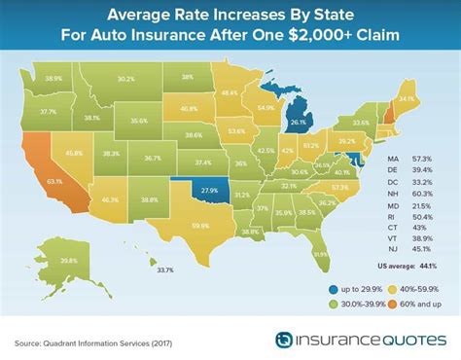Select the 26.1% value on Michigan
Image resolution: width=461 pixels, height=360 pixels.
[298, 124]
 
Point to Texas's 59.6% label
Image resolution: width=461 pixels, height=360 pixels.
[201, 227]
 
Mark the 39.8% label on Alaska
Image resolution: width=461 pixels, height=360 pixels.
[68, 260]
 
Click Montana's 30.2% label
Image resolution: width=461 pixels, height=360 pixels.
[125, 79]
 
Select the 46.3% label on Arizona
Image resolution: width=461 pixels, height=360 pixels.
[109, 199]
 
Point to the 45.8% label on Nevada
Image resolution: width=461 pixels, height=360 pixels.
[74, 152]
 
